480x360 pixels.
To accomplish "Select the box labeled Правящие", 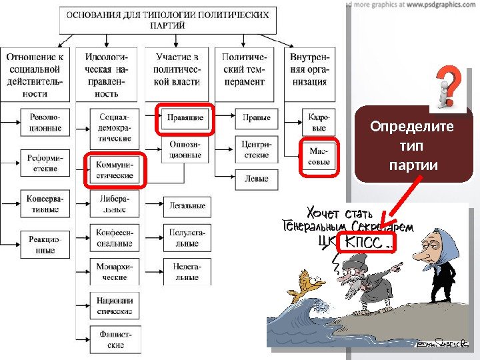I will click(x=185, y=118).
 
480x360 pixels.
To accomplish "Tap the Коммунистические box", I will click(x=115, y=170).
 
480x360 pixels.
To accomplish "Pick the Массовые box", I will click(x=319, y=157).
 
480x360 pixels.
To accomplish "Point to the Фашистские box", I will click(x=115, y=339).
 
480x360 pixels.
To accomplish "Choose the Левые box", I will click(x=257, y=179).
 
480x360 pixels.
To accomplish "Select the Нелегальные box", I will click(x=187, y=271).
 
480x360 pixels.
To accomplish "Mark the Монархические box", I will click(x=115, y=271).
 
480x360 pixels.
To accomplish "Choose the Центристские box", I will click(x=257, y=149).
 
